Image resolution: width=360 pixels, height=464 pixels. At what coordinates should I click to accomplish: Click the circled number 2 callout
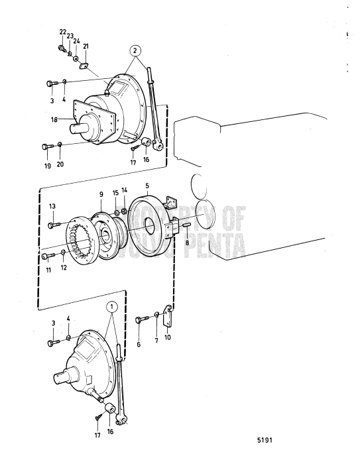(x=135, y=50)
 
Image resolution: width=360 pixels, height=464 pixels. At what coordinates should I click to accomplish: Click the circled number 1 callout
(x=112, y=307)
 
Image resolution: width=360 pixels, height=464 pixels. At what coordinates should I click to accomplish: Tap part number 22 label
(x=62, y=32)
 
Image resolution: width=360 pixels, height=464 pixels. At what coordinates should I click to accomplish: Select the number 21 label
(x=86, y=46)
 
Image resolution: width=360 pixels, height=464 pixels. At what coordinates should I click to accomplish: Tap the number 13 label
(x=52, y=207)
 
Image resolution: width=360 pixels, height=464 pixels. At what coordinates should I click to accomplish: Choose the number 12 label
(x=64, y=268)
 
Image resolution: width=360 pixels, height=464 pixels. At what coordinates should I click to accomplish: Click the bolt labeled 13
(x=52, y=225)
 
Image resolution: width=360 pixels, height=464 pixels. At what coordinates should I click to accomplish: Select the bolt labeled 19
(x=45, y=146)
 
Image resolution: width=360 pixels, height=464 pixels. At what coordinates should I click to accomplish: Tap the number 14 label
(x=124, y=190)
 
